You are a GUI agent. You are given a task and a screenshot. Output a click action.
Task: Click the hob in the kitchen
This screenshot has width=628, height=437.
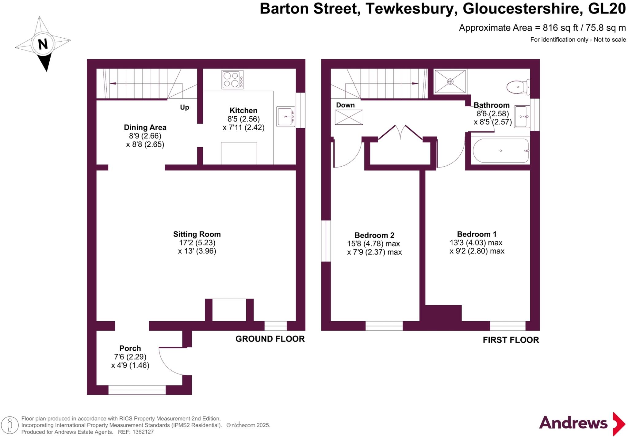click(232, 80)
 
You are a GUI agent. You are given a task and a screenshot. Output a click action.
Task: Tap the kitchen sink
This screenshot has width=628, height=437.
click(285, 116)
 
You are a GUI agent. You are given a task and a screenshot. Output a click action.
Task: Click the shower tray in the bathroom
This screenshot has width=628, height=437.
click(450, 81)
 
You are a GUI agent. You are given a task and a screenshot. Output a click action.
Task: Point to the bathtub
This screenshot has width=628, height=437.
click(500, 151)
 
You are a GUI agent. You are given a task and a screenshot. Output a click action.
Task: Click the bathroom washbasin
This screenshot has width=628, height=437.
click(522, 116)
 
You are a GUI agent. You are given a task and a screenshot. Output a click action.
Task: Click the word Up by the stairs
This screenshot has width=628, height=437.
click(184, 107)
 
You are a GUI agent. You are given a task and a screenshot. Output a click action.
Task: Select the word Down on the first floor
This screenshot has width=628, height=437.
click(345, 105)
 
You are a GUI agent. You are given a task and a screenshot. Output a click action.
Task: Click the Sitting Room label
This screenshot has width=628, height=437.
click(197, 234)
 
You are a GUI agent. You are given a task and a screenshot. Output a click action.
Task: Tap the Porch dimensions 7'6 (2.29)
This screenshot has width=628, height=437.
click(130, 357)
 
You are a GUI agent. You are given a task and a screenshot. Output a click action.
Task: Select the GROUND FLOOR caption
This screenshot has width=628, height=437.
click(270, 339)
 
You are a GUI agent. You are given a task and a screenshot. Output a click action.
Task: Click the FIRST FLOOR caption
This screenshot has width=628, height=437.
click(511, 340)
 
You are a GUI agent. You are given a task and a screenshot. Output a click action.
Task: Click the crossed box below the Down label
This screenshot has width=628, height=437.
click(349, 117)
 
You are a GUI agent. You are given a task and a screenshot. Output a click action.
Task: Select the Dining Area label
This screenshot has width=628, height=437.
click(145, 127)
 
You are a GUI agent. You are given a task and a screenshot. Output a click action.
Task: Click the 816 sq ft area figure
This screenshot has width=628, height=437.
click(560, 28)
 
